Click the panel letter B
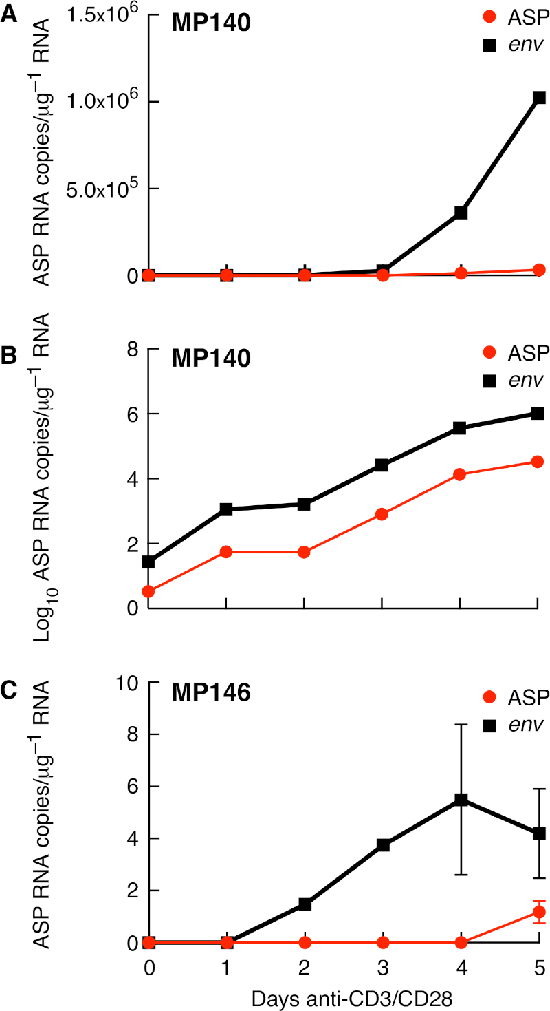pyautogui.click(x=9, y=358)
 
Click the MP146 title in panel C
pyautogui.click(x=211, y=692)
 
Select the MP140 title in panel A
pyautogui.click(x=211, y=23)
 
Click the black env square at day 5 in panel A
pyautogui.click(x=539, y=98)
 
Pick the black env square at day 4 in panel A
pyautogui.click(x=461, y=213)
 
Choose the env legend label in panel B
pyautogui.click(x=525, y=379)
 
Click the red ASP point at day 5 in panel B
pyautogui.click(x=538, y=462)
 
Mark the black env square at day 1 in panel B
pyautogui.click(x=226, y=509)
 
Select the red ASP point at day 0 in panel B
pyautogui.click(x=148, y=591)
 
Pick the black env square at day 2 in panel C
pyautogui.click(x=305, y=904)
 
